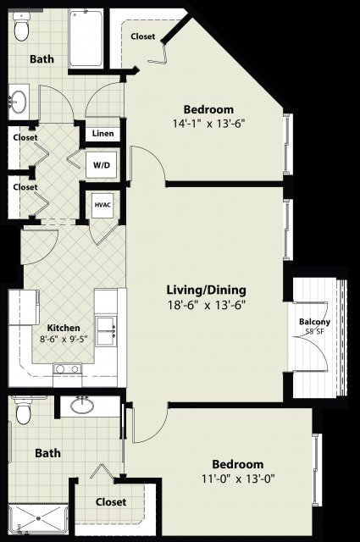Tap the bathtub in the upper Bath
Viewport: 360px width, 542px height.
point(86,39)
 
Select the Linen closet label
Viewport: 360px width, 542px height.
point(103,134)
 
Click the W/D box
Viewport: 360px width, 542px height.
point(102,165)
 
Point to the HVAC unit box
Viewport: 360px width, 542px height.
point(102,205)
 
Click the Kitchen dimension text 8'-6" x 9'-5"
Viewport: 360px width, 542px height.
point(63,339)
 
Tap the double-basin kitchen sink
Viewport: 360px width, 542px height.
point(106,331)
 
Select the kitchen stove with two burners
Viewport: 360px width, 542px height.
point(67,369)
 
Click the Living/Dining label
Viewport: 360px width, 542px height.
point(207,290)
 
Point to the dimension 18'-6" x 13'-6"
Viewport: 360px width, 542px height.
point(207,305)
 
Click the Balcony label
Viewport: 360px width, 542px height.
point(314,322)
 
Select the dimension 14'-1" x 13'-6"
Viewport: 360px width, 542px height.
point(209,124)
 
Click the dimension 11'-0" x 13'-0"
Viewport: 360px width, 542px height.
point(238,479)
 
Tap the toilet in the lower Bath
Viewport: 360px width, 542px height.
point(24,411)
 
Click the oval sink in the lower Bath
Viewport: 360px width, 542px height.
point(82,406)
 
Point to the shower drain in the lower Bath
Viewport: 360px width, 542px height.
point(38,518)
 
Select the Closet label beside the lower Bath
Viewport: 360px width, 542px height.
point(111,502)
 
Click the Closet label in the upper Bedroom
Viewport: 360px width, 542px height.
point(143,36)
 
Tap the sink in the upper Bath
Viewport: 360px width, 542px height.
point(18,102)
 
